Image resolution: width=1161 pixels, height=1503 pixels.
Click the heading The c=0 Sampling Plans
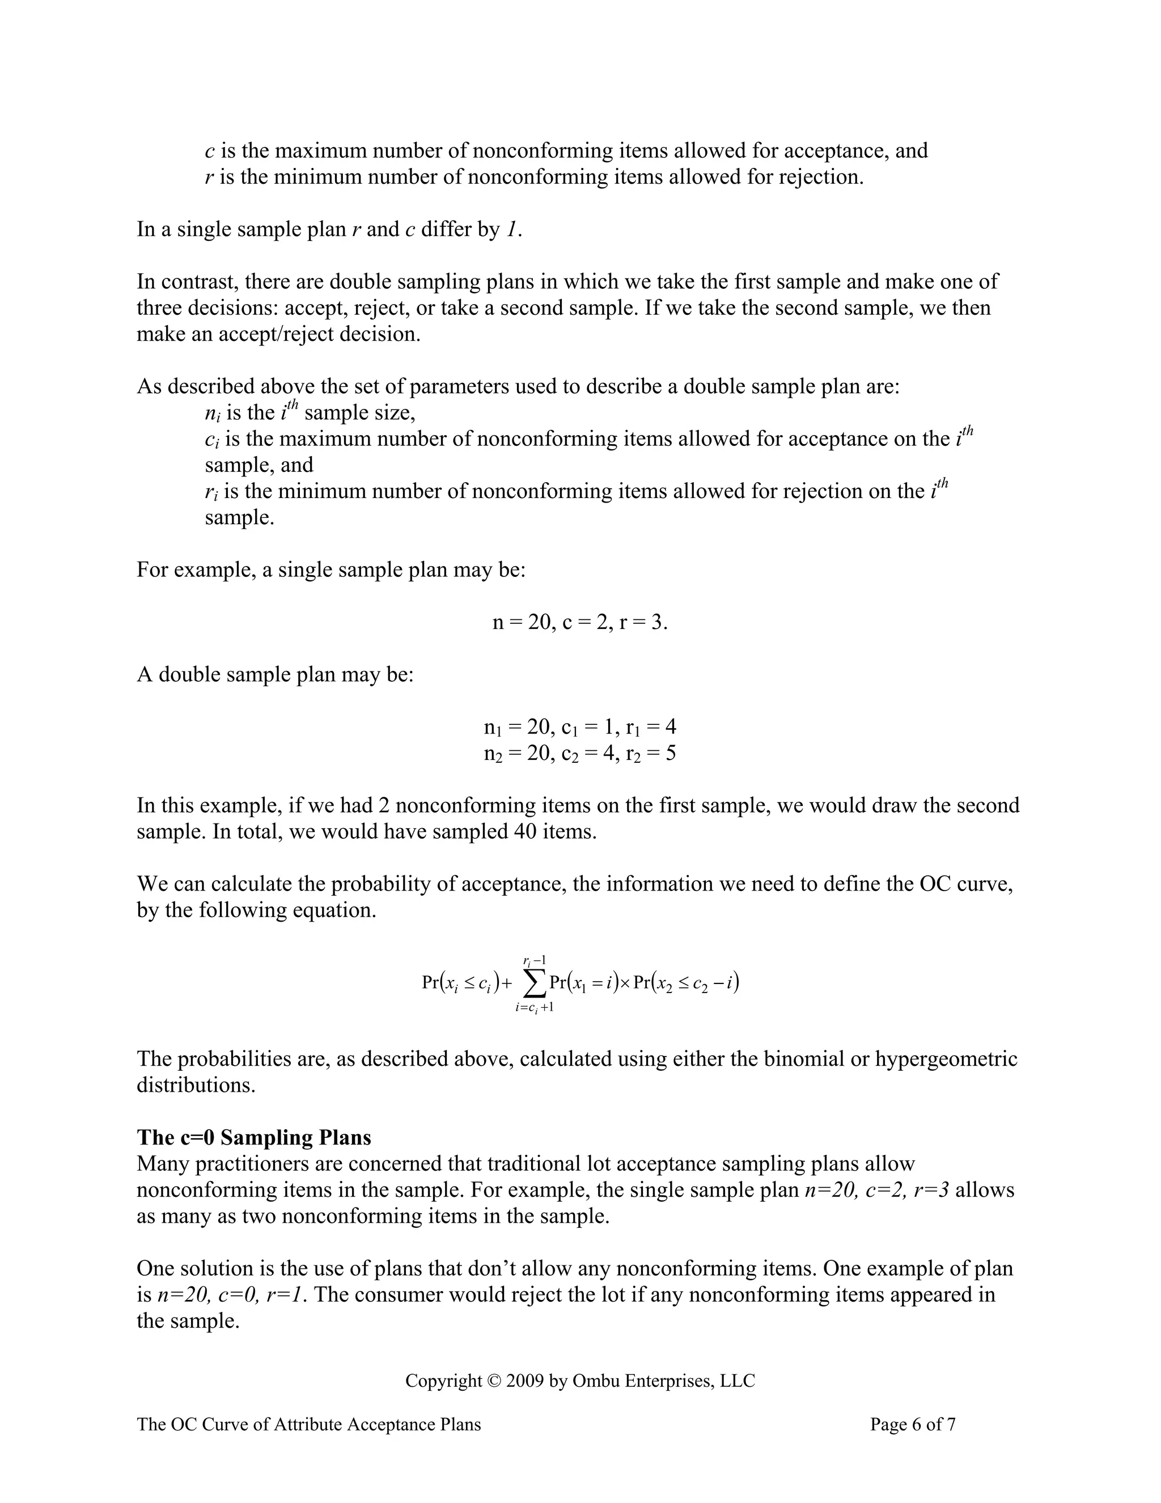click(254, 1138)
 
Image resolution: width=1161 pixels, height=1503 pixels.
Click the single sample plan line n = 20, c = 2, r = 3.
click(580, 622)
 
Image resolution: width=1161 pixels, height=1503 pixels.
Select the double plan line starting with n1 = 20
click(580, 727)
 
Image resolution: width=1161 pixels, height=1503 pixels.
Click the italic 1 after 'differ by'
click(510, 229)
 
